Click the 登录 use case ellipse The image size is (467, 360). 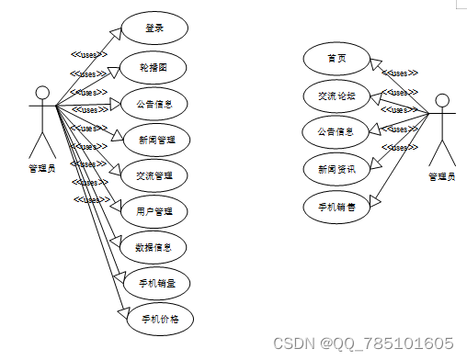coord(154,28)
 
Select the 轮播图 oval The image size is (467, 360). coord(154,66)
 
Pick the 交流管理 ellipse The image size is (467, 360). coord(154,174)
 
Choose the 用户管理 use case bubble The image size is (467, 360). coord(154,210)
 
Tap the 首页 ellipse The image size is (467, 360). coord(336,59)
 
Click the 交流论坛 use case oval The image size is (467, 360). coord(336,95)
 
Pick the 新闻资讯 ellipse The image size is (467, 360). coord(336,168)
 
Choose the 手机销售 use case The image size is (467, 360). coord(336,206)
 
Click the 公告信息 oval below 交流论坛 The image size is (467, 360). coord(336,131)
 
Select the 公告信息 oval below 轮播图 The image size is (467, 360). coord(154,102)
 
